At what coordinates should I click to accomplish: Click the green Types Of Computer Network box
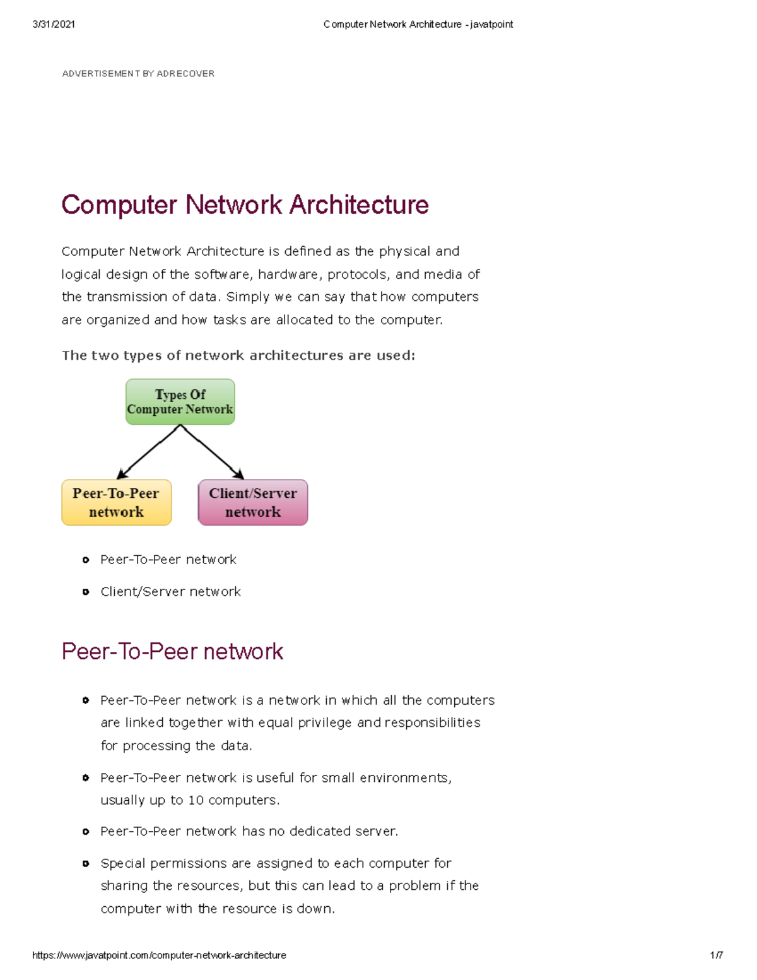(x=180, y=402)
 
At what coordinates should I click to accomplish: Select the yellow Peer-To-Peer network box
(x=116, y=502)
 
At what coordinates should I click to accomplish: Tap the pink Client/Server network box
(x=253, y=502)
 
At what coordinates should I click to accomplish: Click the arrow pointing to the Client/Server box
(x=213, y=452)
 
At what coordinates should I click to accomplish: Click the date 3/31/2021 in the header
(x=54, y=24)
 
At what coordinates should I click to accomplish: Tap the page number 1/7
(x=716, y=955)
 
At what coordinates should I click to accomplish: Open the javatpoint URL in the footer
(x=159, y=955)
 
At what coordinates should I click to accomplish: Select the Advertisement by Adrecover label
(x=138, y=74)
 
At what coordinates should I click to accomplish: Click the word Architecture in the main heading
(x=359, y=205)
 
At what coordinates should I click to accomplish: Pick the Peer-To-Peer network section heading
(x=172, y=651)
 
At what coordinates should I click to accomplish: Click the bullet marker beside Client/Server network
(x=86, y=592)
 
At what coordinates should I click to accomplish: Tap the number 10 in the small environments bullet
(x=196, y=800)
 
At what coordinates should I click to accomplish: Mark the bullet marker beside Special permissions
(x=86, y=863)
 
